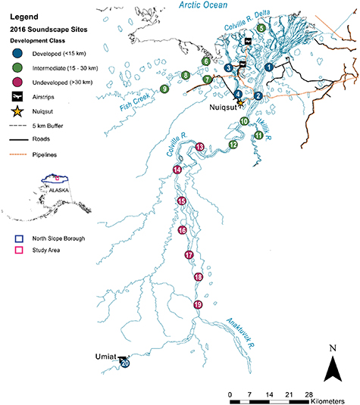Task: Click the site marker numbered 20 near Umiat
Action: tap(125, 363)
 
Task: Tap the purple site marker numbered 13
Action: tap(200, 147)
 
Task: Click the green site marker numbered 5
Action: tap(261, 28)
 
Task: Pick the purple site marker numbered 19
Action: tap(198, 304)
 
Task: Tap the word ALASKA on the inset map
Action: tap(55, 192)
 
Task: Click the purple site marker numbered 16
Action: tap(182, 230)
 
